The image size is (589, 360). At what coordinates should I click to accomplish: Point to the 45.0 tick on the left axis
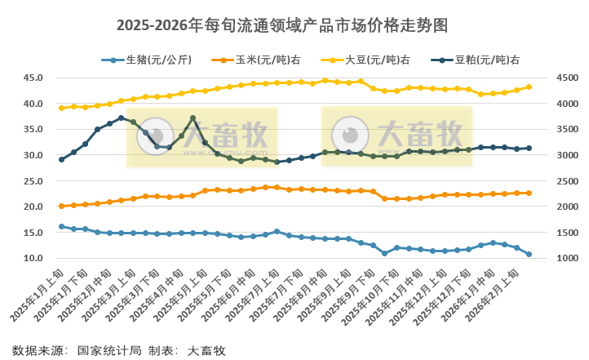(33, 78)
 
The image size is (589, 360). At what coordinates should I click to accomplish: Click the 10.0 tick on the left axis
(33, 259)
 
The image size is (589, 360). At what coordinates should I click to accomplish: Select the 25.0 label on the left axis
(33, 181)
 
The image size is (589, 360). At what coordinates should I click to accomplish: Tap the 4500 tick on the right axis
(567, 78)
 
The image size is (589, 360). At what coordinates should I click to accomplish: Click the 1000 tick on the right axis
(567, 259)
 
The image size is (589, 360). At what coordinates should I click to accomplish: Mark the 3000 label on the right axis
(567, 155)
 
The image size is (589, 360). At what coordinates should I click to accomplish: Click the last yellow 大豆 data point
(529, 87)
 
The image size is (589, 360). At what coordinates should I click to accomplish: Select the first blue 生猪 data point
(61, 226)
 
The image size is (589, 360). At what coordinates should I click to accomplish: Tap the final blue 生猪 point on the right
(529, 254)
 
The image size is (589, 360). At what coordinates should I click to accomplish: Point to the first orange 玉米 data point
(61, 206)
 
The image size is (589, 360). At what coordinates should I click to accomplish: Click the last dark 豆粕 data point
(529, 148)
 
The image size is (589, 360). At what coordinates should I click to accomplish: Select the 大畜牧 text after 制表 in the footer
(206, 350)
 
